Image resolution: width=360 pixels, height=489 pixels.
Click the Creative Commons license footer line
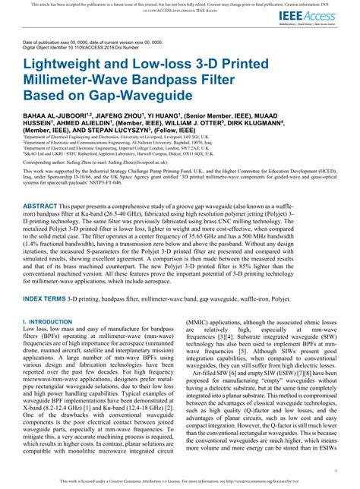tap(179, 481)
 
